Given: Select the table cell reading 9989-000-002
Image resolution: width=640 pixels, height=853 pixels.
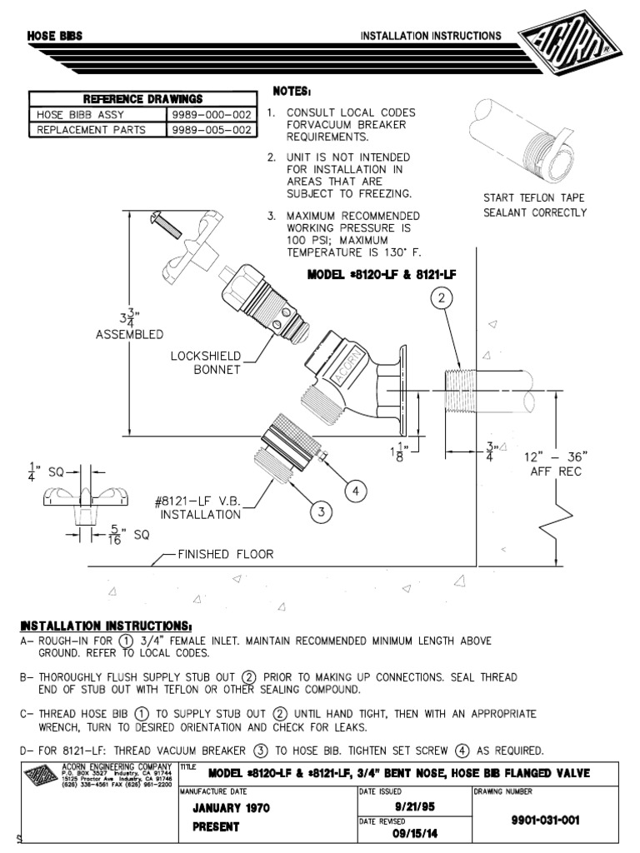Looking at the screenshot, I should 212,115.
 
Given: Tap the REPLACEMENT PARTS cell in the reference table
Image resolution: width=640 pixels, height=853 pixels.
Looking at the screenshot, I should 89,130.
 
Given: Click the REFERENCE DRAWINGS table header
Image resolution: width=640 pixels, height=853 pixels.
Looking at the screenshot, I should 142,99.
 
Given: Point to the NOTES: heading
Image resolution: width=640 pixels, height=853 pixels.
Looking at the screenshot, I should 292,91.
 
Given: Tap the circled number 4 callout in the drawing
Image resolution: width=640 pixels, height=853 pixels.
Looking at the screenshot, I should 355,491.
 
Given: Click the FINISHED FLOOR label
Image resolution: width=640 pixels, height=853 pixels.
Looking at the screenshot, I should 225,554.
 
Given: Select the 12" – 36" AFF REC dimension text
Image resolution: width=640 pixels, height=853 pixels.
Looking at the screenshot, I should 556,464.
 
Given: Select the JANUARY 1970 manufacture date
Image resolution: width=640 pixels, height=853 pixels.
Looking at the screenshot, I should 231,808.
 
